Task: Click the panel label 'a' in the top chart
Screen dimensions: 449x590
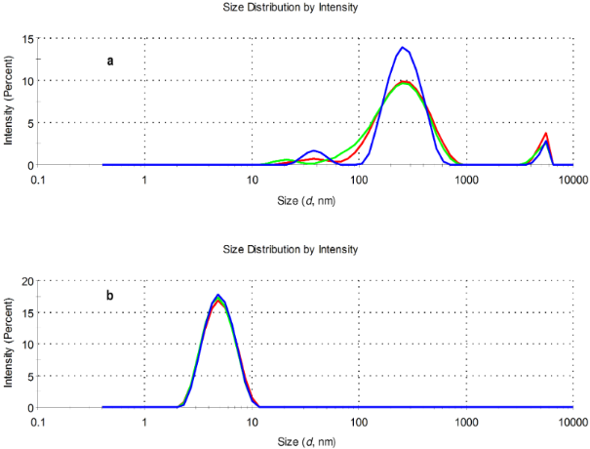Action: pos(110,61)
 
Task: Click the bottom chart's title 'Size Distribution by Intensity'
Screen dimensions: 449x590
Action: pos(304,250)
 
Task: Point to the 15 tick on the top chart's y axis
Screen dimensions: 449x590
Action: pos(29,39)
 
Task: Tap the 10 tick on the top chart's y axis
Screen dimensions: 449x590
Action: pos(29,81)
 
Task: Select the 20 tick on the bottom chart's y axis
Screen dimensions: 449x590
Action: pos(29,281)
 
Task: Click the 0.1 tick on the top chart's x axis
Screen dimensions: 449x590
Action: pos(39,181)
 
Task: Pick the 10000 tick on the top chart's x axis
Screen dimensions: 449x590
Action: pos(572,181)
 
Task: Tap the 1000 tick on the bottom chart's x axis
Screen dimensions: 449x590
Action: pos(466,423)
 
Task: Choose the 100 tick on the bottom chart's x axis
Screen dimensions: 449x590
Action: pos(359,423)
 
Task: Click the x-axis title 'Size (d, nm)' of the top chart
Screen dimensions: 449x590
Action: pos(304,198)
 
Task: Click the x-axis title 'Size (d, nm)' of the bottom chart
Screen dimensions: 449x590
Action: pos(304,440)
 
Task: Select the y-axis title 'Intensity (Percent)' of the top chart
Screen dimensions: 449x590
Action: pos(9,102)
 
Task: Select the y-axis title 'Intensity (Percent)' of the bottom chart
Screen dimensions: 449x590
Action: pos(9,344)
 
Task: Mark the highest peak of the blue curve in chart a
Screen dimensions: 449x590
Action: pos(403,47)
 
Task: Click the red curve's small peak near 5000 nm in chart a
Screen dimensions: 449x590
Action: pos(546,134)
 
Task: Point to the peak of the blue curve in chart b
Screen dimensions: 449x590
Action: pos(219,295)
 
